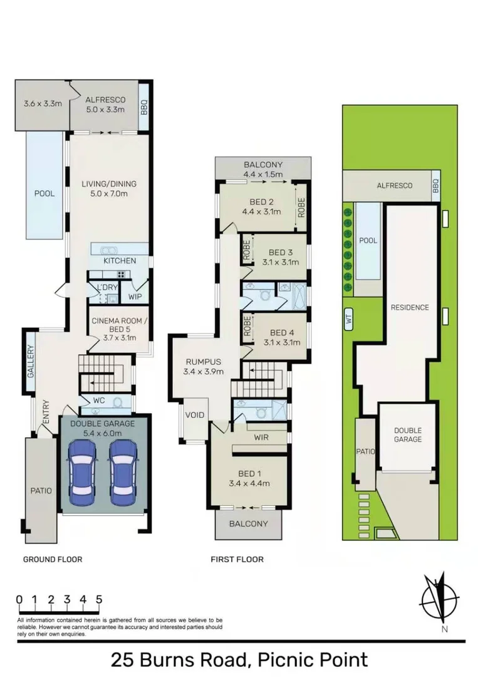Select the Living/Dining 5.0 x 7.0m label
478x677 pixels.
pos(109,189)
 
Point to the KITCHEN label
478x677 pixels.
pos(120,261)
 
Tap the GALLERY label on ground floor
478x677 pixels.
pos(29,362)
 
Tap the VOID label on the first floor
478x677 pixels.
pos(191,416)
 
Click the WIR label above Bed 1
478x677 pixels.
pos(261,438)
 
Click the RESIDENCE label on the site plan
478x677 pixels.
pos(410,307)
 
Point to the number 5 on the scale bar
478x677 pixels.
pos(99,599)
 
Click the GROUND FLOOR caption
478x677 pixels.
pos(53,559)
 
